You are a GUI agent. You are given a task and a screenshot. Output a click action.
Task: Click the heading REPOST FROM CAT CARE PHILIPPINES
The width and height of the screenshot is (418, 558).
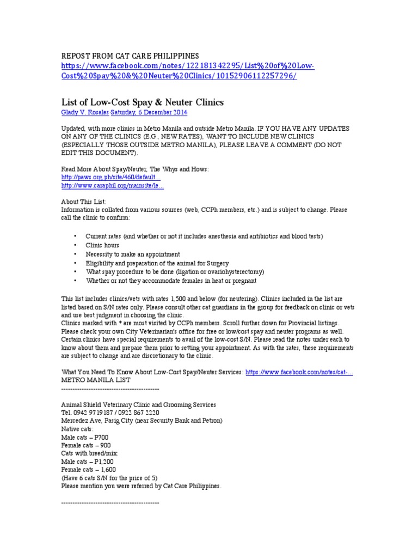(130, 56)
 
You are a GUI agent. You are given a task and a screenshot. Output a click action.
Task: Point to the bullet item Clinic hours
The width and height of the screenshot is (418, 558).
(102, 245)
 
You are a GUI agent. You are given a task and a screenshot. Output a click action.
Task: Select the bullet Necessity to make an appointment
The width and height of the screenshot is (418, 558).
(133, 254)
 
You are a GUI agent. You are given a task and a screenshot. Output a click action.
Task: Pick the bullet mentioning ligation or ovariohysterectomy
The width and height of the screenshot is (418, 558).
(175, 271)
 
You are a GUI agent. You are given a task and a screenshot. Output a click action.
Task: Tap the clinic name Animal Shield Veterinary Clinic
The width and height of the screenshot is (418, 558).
(139, 405)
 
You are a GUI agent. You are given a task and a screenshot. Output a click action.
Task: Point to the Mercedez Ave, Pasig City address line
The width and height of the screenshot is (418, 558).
(142, 421)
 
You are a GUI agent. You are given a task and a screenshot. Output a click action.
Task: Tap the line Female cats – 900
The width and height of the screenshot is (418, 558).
(86, 446)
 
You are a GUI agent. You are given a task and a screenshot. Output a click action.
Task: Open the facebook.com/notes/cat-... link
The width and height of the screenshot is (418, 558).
(299, 372)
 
